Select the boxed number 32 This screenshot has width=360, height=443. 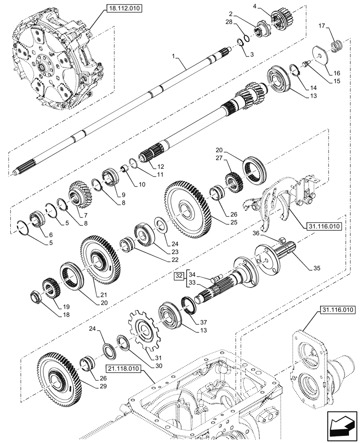(178, 277)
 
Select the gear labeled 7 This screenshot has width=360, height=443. (81, 195)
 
